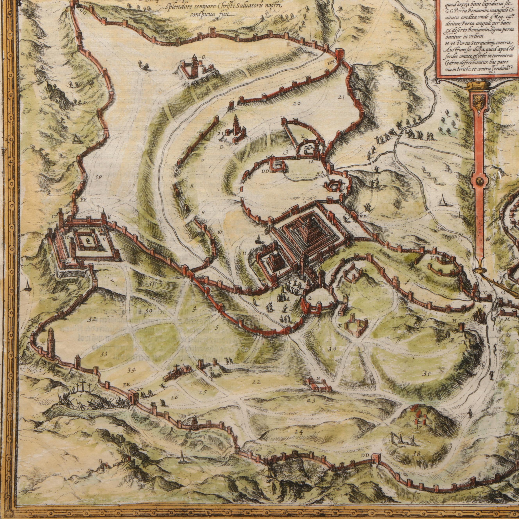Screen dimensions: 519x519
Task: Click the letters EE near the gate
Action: click(x=127, y=385)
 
